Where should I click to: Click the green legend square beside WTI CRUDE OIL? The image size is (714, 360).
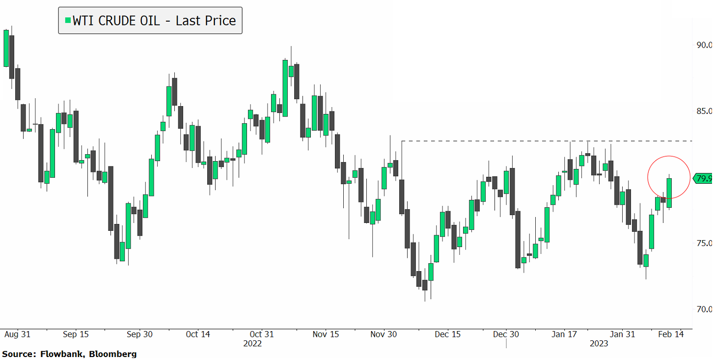pyautogui.click(x=68, y=20)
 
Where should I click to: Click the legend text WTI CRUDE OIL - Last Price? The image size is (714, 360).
pyautogui.click(x=154, y=21)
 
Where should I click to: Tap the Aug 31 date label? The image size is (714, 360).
pyautogui.click(x=17, y=334)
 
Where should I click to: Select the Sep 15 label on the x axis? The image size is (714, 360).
pyautogui.click(x=76, y=334)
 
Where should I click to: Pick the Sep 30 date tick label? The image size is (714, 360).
pyautogui.click(x=139, y=334)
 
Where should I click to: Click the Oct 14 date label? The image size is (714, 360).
pyautogui.click(x=198, y=334)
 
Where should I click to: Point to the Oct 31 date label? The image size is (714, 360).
pyautogui.click(x=262, y=334)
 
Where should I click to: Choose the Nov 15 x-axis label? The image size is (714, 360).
pyautogui.click(x=326, y=334)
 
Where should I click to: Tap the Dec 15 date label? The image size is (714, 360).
pyautogui.click(x=448, y=334)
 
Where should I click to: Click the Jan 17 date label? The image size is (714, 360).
pyautogui.click(x=564, y=334)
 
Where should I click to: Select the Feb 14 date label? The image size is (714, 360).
pyautogui.click(x=670, y=334)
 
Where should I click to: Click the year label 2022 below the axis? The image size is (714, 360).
pyautogui.click(x=252, y=344)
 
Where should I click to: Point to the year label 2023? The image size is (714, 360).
pyautogui.click(x=599, y=344)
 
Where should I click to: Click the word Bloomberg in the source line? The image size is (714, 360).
pyautogui.click(x=114, y=354)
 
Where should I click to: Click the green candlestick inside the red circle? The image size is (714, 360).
pyautogui.click(x=669, y=193)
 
